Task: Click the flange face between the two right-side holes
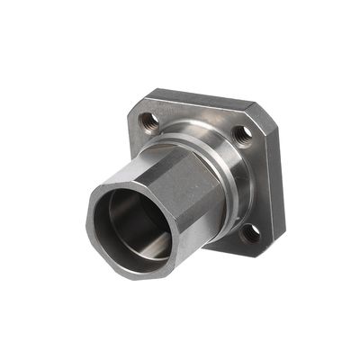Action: coord(256,184)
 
